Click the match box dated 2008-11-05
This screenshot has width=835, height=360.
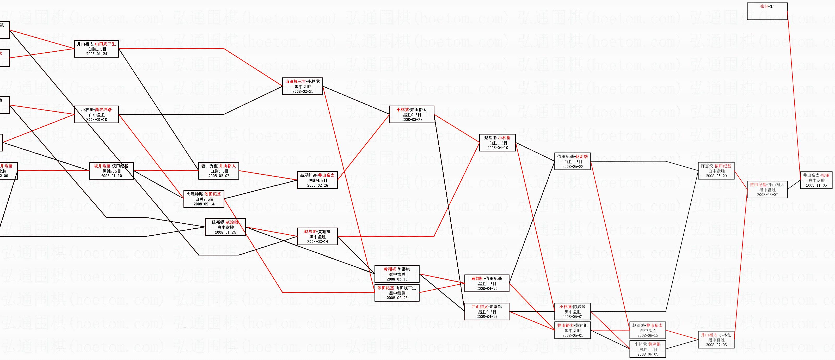pos(816,180)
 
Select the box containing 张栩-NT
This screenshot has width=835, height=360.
pos(767,11)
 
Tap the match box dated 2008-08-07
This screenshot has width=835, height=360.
pos(767,190)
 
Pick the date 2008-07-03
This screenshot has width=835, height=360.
pos(716,345)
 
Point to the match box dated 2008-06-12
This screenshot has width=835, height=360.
pos(648,330)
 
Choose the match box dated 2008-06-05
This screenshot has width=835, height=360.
pos(648,349)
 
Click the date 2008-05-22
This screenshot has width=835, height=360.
pos(573,167)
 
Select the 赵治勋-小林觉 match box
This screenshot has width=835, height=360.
pos(498,143)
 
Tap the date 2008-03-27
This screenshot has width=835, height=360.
pos(412,120)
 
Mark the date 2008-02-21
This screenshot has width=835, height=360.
pos(303,91)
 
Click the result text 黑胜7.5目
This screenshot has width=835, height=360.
pos(112,171)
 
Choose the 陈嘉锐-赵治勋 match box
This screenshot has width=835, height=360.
pos(225,227)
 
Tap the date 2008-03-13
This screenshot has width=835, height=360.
pos(397,279)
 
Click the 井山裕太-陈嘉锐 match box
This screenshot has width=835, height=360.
pos(487,311)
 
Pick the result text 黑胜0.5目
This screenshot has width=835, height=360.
pos(412,115)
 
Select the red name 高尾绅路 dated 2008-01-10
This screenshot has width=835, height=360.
pos(103,110)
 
